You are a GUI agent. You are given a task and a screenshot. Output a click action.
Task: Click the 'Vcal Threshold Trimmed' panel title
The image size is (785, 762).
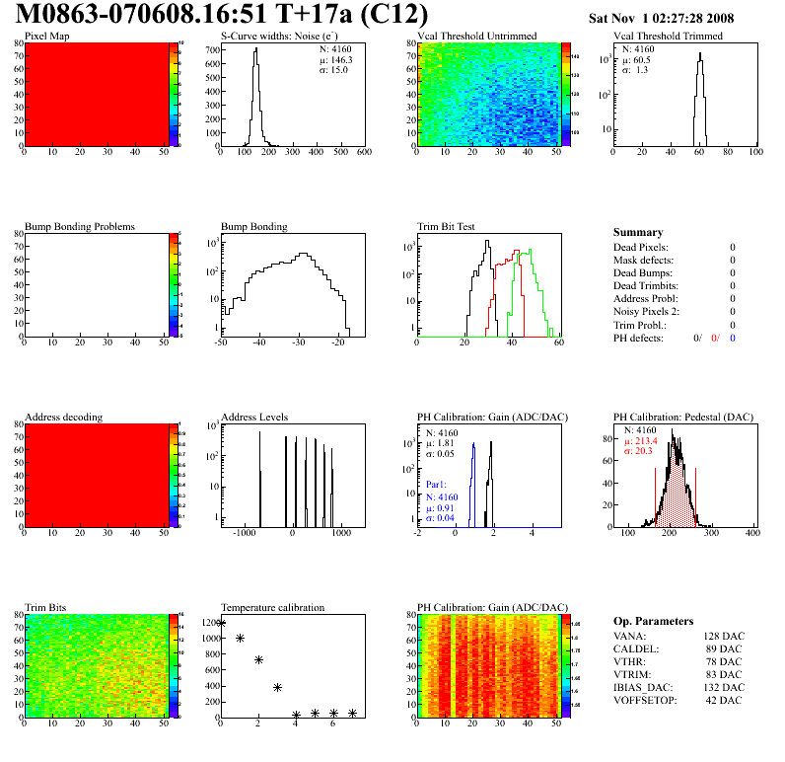(x=668, y=37)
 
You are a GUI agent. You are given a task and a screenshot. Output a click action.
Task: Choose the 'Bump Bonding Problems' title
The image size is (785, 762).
(x=79, y=226)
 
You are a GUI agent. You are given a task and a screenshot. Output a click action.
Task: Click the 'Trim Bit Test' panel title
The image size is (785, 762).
(x=447, y=226)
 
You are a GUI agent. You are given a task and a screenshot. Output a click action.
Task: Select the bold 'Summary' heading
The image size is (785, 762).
(x=638, y=232)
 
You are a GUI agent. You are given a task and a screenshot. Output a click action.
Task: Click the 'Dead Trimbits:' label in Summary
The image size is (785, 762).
(x=648, y=285)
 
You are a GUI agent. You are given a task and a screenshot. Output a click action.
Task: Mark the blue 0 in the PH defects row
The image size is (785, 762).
(x=734, y=338)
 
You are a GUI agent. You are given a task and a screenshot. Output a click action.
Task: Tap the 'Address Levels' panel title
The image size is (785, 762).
(x=254, y=417)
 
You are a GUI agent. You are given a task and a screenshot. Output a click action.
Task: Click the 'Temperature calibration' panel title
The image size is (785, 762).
(x=272, y=607)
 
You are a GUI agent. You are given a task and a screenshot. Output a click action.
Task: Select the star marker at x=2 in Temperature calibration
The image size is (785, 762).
(x=258, y=659)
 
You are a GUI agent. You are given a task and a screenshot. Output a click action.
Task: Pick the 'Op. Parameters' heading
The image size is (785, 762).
(x=653, y=621)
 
